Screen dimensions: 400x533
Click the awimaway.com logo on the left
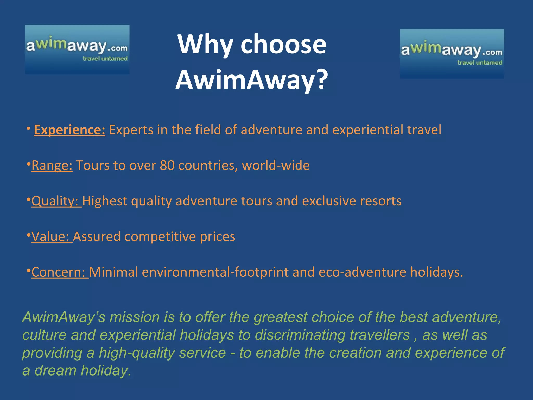point(77,49)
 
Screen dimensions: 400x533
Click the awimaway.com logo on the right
point(452,54)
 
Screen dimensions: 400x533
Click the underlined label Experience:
point(69,130)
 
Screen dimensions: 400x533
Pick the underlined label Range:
point(52,165)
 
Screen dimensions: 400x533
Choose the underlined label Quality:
point(56,201)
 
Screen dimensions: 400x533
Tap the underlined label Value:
point(52,236)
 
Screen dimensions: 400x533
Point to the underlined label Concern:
point(60,272)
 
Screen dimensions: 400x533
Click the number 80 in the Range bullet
point(167,165)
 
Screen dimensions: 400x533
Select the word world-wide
point(276,165)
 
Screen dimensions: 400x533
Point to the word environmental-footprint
point(215,272)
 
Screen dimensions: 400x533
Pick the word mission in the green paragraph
point(134,317)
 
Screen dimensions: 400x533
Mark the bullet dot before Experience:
point(28,128)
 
